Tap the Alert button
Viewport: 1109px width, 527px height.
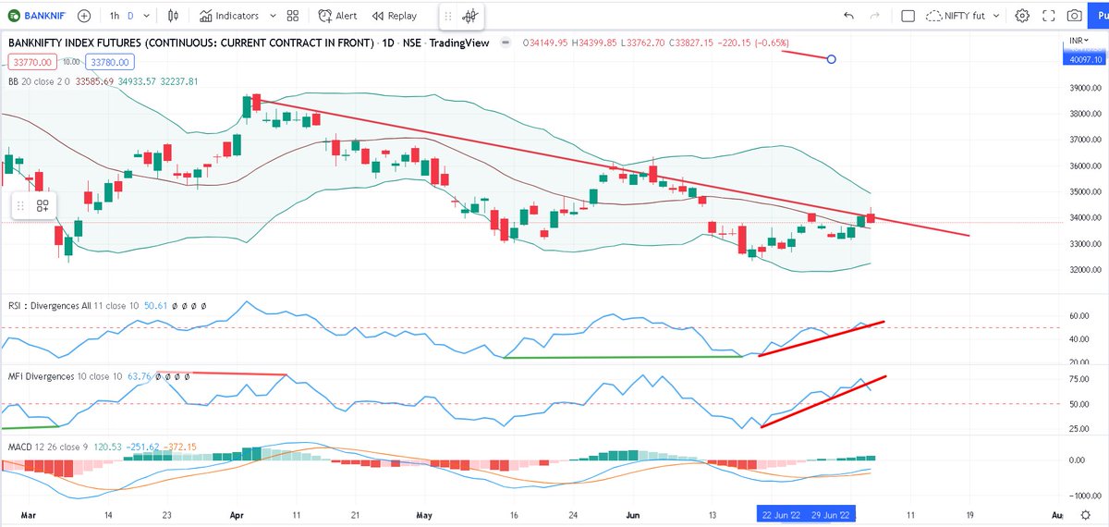coord(337,16)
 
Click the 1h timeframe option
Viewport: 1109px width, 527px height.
coord(114,16)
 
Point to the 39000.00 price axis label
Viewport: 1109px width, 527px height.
coord(1081,89)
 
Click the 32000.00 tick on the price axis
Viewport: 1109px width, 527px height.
coord(1081,271)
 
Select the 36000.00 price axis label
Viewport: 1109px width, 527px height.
coord(1081,166)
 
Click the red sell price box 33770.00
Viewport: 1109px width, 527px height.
coord(31,62)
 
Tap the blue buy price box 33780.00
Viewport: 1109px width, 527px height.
coord(110,62)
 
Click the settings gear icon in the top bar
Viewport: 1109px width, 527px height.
coord(1022,16)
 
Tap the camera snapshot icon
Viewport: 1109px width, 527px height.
coord(1074,16)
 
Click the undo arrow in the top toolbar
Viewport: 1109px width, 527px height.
coord(848,16)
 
